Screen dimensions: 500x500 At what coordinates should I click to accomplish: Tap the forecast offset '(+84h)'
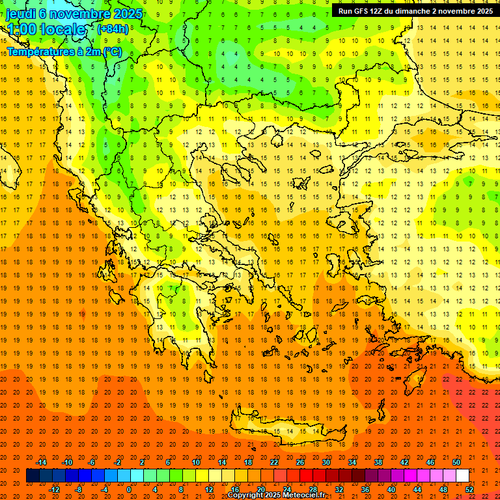(113, 29)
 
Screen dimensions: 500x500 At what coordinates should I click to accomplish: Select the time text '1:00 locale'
(46, 29)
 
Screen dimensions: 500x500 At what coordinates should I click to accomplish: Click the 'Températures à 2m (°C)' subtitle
(64, 51)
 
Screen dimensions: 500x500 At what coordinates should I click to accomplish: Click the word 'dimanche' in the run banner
(412, 11)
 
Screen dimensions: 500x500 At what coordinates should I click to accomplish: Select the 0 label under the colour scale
(129, 490)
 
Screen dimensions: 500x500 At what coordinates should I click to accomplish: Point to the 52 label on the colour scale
(470, 490)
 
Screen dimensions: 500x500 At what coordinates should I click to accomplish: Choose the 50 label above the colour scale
(456, 462)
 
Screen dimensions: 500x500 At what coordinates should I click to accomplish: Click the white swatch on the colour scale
(462, 476)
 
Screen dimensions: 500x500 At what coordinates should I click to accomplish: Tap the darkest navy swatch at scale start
(33, 476)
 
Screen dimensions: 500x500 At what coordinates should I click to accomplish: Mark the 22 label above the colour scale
(274, 462)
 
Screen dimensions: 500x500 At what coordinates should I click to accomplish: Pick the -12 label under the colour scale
(54, 490)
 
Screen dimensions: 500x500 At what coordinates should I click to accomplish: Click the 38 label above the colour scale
(378, 462)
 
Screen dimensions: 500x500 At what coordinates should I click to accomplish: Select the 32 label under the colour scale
(339, 490)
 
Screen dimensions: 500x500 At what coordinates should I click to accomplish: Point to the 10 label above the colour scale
(196, 462)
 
